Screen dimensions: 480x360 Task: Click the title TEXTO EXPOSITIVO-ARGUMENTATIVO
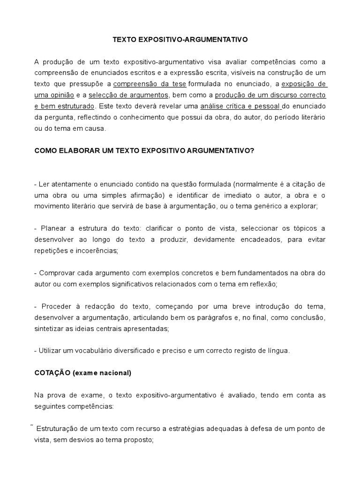[x=180, y=40]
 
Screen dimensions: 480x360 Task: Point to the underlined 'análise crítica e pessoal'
[x=241, y=105]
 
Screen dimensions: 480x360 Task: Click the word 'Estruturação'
[x=56, y=429]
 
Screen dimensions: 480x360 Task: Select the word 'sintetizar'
[x=49, y=329]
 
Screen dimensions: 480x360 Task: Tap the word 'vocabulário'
[x=95, y=351]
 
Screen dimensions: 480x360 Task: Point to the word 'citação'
[x=305, y=184]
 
